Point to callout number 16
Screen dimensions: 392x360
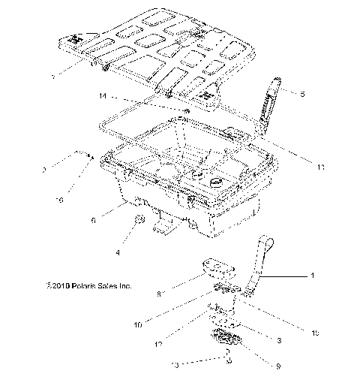[59, 201]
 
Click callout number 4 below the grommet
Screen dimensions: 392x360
[117, 252]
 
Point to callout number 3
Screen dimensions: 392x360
[278, 340]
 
